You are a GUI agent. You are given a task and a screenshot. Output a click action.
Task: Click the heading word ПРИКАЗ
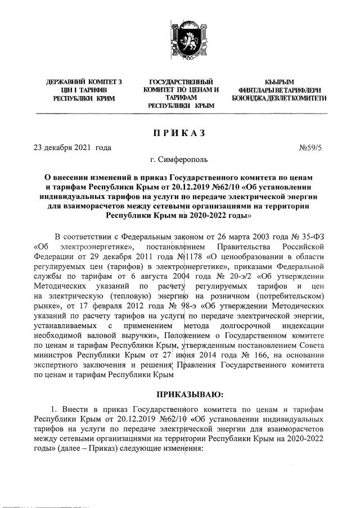point(180,133)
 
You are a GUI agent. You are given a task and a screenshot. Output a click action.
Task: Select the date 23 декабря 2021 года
point(73,148)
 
